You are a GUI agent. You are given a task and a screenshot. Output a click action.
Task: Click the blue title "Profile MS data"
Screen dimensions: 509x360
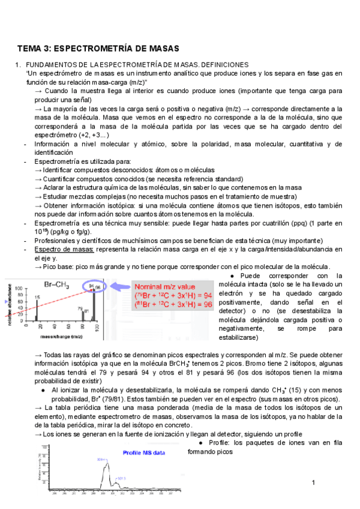click(146, 453)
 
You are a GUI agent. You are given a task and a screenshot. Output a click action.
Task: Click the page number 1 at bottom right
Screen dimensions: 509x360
click(313, 483)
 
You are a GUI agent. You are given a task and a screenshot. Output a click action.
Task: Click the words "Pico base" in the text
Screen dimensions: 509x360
click(58, 267)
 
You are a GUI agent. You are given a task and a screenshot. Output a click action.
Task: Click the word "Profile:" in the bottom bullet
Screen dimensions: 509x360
click(221, 443)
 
